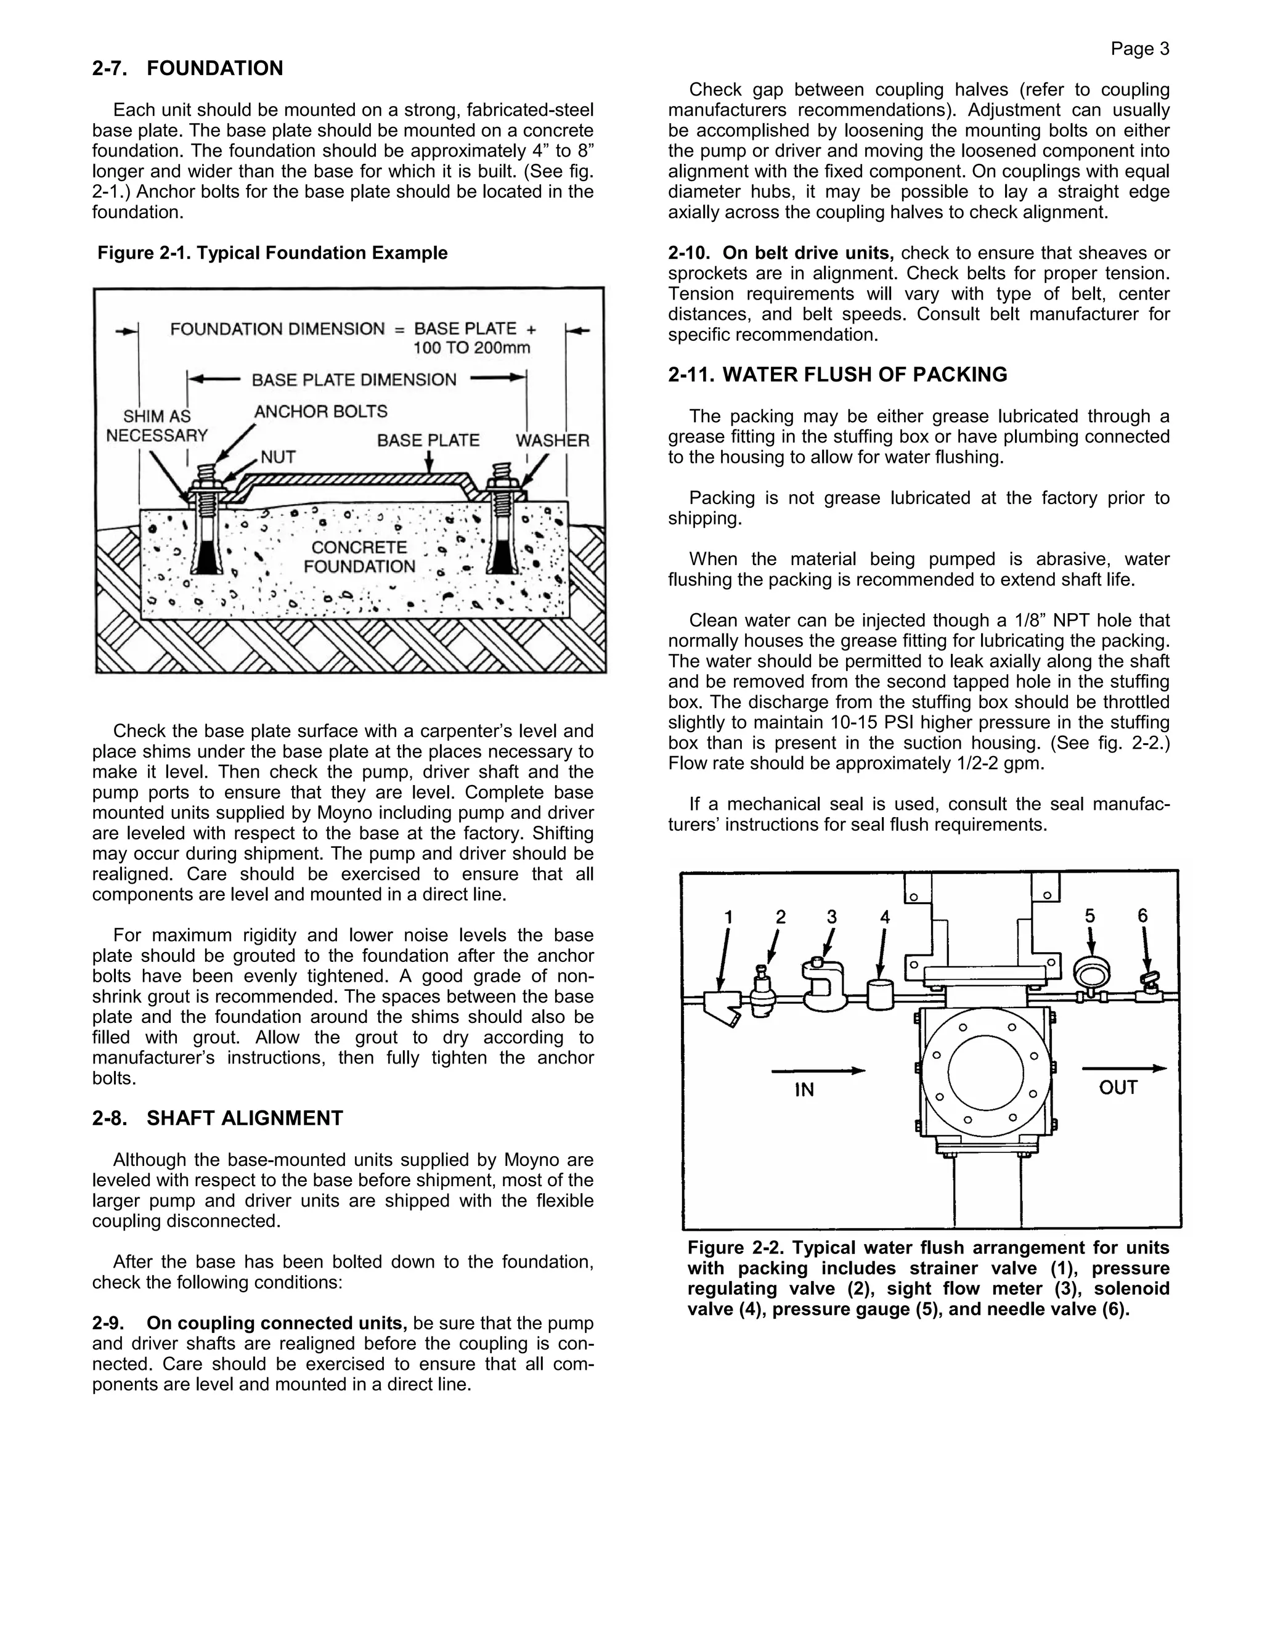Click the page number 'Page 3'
[1139, 49]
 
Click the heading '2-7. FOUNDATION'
[188, 69]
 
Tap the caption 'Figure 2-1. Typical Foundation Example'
[272, 253]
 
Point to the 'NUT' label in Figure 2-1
[278, 457]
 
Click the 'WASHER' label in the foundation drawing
[552, 441]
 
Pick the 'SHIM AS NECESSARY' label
[157, 426]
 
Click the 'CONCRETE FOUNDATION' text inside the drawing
[359, 557]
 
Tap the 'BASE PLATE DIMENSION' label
[354, 380]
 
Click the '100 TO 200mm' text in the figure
[472, 348]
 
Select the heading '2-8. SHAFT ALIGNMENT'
[218, 1118]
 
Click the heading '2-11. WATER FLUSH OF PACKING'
[837, 375]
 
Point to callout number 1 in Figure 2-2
[729, 918]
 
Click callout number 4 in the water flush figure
[885, 918]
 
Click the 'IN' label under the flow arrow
[804, 1090]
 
